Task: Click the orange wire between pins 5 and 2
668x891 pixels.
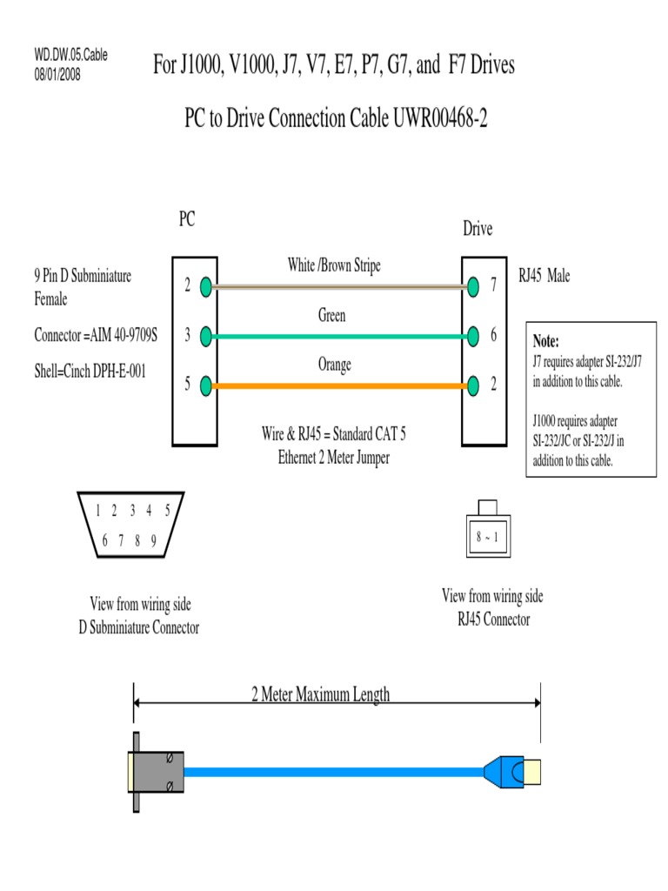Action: (x=339, y=385)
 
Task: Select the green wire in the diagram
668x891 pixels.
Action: (x=339, y=336)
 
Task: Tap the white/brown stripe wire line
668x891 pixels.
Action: (x=339, y=285)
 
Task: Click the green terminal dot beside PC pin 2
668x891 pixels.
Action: (x=205, y=285)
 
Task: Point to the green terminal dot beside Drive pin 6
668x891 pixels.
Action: (x=473, y=335)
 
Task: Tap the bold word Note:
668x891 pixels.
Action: (x=546, y=341)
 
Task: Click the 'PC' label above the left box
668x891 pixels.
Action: (x=186, y=220)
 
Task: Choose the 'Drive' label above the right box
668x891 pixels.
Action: (x=478, y=229)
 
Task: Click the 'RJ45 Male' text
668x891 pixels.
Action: (x=544, y=277)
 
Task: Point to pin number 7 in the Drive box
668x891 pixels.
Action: (x=493, y=285)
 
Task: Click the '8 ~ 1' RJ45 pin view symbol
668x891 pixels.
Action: (x=486, y=537)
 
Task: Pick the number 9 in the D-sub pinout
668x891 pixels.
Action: (x=153, y=540)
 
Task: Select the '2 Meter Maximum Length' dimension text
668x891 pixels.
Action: (x=320, y=694)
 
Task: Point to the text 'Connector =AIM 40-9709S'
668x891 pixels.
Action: (x=96, y=335)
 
